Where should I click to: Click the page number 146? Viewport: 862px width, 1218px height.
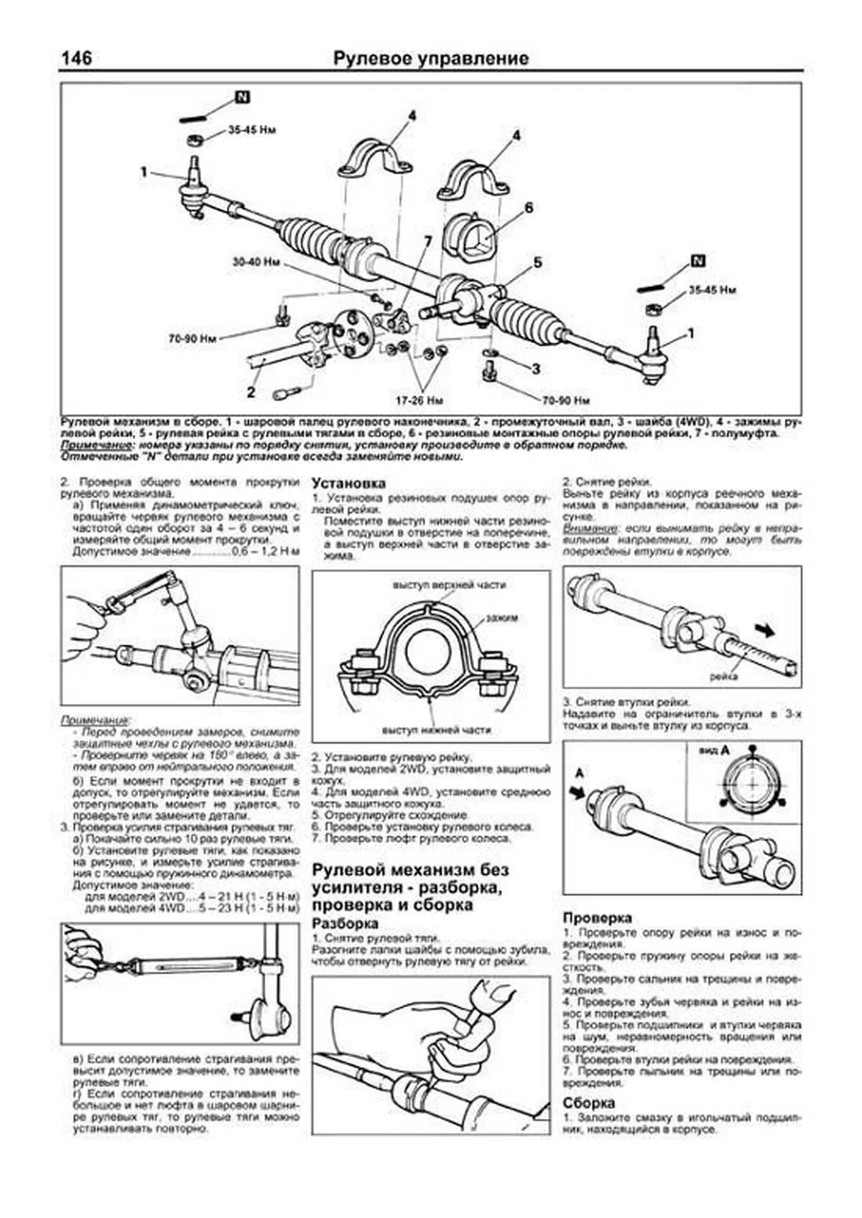coord(76,57)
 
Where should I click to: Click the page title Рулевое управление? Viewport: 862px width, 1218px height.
coord(430,58)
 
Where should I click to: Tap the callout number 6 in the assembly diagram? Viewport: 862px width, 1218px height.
coord(529,208)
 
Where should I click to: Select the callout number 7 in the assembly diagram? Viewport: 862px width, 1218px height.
coord(428,240)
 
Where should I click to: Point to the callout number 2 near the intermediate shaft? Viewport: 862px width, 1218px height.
coord(251,392)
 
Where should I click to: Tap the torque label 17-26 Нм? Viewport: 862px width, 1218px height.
coord(422,399)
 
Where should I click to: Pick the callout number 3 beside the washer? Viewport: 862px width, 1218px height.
coord(536,369)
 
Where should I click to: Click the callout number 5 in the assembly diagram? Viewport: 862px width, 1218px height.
coord(537,263)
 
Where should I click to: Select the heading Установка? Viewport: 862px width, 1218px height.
coord(348,483)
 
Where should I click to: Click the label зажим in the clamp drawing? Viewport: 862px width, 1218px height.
coord(501,617)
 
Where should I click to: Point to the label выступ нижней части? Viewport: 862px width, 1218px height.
coord(436,730)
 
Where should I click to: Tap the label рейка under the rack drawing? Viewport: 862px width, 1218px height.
coord(723,676)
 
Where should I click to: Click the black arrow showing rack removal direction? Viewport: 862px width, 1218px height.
coord(767,629)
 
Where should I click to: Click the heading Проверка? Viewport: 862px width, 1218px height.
coord(597,917)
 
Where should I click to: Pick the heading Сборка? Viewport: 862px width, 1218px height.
coord(588,1103)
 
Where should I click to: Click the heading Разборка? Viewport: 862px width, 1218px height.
coord(345,924)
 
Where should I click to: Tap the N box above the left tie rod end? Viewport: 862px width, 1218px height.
coord(242,97)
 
